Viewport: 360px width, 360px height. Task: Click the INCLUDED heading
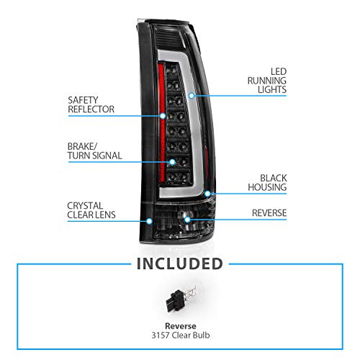point(180,264)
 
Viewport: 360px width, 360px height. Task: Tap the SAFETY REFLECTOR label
point(91,104)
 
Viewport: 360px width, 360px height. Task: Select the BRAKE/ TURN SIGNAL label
point(94,151)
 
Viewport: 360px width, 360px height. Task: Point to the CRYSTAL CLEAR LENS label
point(91,210)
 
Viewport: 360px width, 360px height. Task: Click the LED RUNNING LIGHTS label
point(267,81)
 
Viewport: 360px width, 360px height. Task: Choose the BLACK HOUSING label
point(267,183)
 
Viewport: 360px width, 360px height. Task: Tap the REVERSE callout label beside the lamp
point(269,213)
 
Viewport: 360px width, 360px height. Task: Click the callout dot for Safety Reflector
point(163,116)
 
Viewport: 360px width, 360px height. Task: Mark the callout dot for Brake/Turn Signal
point(172,162)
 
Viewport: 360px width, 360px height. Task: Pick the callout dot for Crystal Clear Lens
point(149,221)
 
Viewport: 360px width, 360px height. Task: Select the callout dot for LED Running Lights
point(192,96)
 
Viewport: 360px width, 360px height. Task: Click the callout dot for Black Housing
point(207,194)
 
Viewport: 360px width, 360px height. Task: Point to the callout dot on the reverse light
point(187,220)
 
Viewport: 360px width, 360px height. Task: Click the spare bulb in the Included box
point(181,299)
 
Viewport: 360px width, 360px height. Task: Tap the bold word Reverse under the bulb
point(181,326)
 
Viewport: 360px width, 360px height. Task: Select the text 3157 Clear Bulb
point(181,335)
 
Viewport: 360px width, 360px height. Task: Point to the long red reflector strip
point(162,122)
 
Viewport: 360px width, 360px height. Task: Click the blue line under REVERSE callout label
point(237,220)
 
